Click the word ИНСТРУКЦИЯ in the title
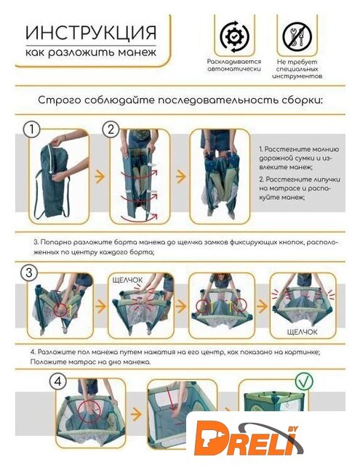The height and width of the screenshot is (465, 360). click(x=90, y=33)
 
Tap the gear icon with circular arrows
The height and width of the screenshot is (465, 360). click(x=234, y=36)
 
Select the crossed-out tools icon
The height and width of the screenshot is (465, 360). click(x=297, y=37)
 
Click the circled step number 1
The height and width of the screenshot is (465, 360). click(x=31, y=129)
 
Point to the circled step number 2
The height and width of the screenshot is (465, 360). click(x=111, y=129)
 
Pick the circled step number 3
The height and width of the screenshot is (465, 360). click(x=29, y=272)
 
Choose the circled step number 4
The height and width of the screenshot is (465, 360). click(x=58, y=381)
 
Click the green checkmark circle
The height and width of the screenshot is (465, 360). click(x=304, y=381)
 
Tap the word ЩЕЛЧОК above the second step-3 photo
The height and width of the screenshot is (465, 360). click(x=127, y=280)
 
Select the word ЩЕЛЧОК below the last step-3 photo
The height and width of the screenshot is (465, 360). click(x=302, y=332)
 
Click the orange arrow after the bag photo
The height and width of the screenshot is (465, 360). click(x=100, y=177)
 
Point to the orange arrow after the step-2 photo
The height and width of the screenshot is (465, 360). click(x=181, y=176)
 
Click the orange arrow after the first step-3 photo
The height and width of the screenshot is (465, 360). click(x=101, y=307)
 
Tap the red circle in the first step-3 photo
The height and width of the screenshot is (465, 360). click(x=61, y=310)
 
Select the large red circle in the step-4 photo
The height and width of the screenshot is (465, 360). click(x=89, y=410)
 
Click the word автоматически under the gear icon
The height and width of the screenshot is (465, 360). click(x=234, y=69)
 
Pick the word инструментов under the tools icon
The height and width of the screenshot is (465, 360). click(x=297, y=76)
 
